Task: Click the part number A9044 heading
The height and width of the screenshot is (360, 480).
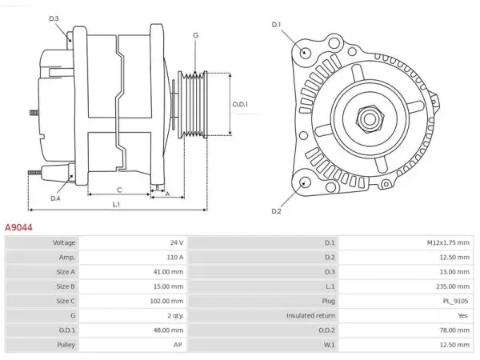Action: click(x=18, y=227)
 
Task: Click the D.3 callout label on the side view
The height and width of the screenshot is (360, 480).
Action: click(x=54, y=18)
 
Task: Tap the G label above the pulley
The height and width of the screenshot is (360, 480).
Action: click(x=196, y=35)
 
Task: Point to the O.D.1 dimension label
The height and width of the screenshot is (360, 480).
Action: click(x=240, y=104)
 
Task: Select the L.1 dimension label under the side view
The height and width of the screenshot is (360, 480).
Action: click(x=116, y=204)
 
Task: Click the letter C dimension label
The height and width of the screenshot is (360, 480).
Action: click(x=119, y=190)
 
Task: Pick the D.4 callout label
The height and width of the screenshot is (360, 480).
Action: click(x=55, y=198)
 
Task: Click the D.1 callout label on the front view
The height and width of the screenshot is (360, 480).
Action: click(x=276, y=25)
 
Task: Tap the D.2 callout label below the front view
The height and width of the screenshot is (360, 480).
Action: click(x=276, y=211)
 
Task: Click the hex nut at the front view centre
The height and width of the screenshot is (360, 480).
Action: click(x=370, y=119)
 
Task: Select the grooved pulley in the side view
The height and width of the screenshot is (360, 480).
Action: click(x=193, y=104)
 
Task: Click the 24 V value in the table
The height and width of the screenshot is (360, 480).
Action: click(x=177, y=242)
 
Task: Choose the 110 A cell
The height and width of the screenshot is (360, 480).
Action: click(x=174, y=258)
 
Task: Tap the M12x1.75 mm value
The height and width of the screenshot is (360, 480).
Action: click(x=448, y=242)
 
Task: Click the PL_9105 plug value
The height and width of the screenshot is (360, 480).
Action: click(x=455, y=302)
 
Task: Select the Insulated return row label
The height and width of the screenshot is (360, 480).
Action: click(x=310, y=316)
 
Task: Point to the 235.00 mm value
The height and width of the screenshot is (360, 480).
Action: click(x=453, y=286)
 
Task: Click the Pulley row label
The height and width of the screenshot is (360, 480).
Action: click(x=66, y=345)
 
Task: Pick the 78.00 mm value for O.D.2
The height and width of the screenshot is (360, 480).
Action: click(x=454, y=330)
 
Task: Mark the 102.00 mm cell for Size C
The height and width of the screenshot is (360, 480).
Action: click(x=166, y=302)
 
